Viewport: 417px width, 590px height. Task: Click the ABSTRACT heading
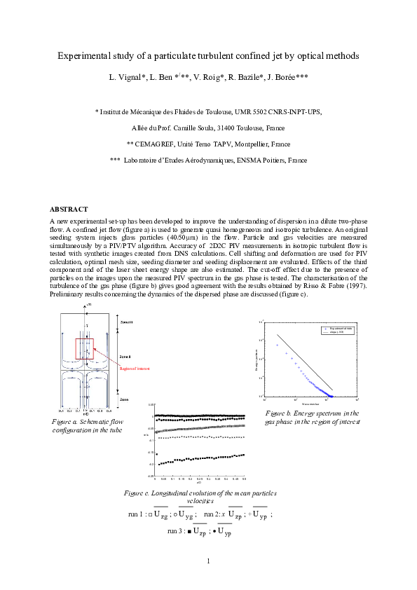[x=69, y=210]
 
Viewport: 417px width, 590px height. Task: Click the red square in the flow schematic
[x=84, y=349]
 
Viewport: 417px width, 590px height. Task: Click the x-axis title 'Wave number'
[x=310, y=404]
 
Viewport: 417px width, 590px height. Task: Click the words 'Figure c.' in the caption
[x=139, y=493]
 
